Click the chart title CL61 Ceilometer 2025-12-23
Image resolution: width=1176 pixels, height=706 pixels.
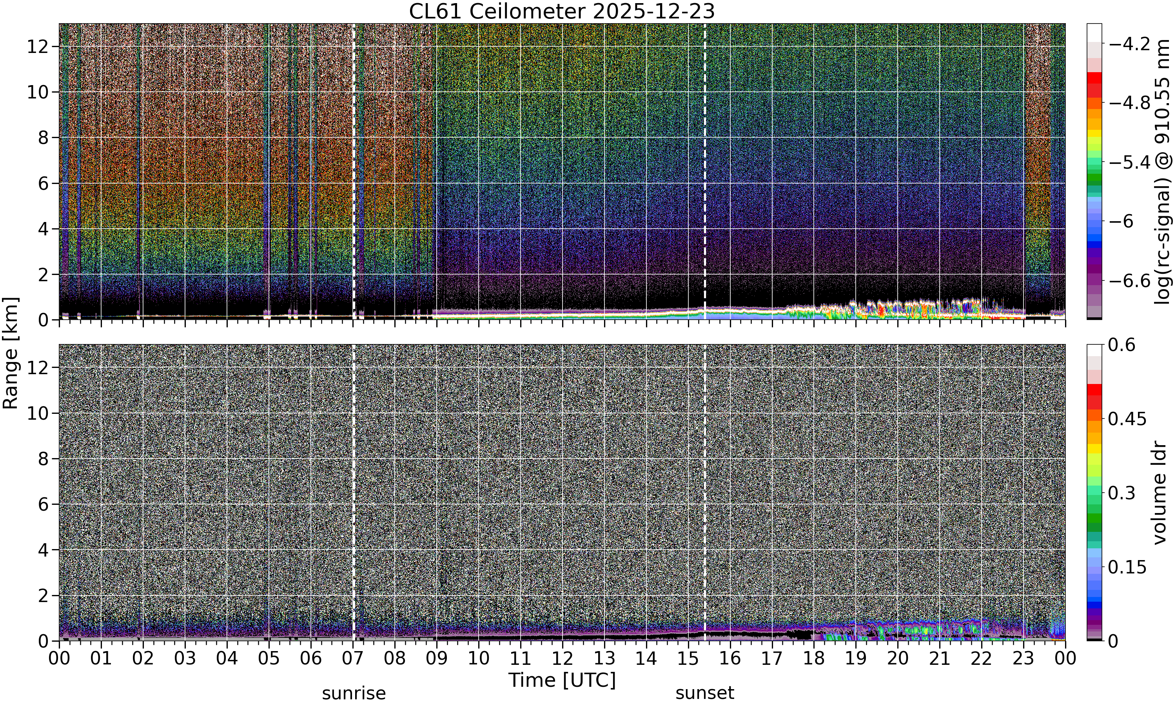point(562,11)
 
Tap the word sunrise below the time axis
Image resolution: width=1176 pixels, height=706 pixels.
point(354,693)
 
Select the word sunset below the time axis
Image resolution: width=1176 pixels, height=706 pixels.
point(704,693)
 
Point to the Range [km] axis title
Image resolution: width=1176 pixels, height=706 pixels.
point(11,353)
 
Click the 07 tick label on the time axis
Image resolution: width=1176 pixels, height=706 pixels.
point(353,659)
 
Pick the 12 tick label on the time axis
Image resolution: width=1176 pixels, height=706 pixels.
point(563,659)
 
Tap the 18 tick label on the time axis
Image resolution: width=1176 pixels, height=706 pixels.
point(814,659)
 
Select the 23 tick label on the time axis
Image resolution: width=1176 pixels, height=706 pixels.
point(1024,659)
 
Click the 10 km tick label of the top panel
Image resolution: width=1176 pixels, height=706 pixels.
point(38,92)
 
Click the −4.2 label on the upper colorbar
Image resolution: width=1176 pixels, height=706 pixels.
point(1129,44)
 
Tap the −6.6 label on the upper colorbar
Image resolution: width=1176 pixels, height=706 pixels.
point(1129,281)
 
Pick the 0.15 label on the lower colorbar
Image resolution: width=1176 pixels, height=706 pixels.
point(1127,567)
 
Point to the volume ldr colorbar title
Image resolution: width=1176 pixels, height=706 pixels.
point(1160,493)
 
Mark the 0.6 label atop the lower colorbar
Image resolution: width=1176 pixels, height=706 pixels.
point(1122,345)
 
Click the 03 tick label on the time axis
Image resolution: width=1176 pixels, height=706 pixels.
point(185,659)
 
